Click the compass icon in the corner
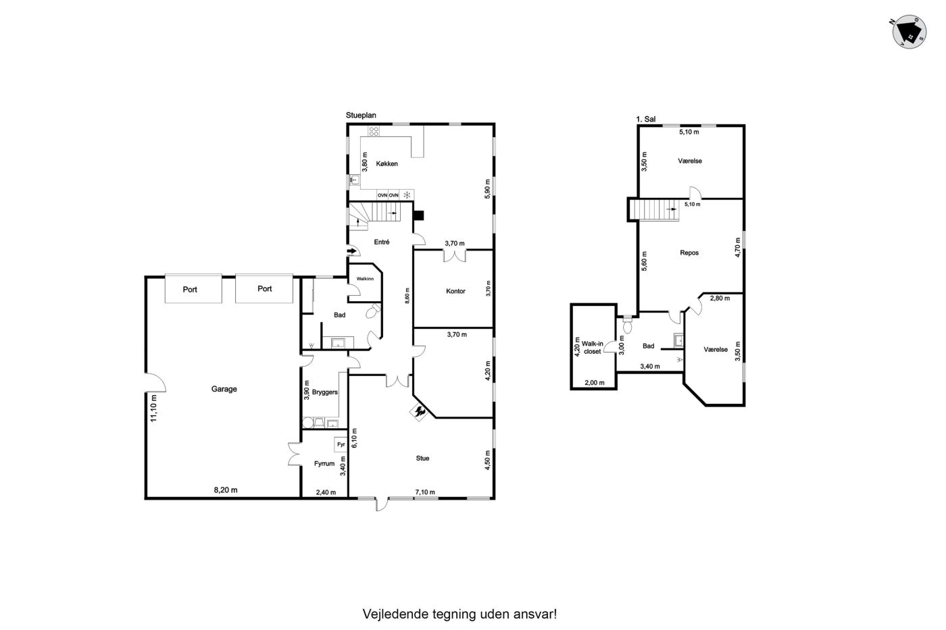click(910, 32)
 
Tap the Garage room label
click(224, 389)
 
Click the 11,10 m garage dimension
click(153, 408)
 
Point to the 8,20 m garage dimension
click(226, 490)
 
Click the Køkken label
click(387, 163)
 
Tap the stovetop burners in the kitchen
click(373, 131)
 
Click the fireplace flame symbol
click(420, 412)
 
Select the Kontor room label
click(455, 291)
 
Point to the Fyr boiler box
click(341, 444)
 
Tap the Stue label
click(422, 458)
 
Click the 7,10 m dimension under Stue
click(425, 492)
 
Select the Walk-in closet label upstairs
click(592, 347)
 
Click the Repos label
click(689, 253)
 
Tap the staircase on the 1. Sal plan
click(654, 210)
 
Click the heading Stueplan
click(361, 115)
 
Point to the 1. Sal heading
click(646, 119)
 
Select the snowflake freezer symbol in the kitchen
click(407, 195)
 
